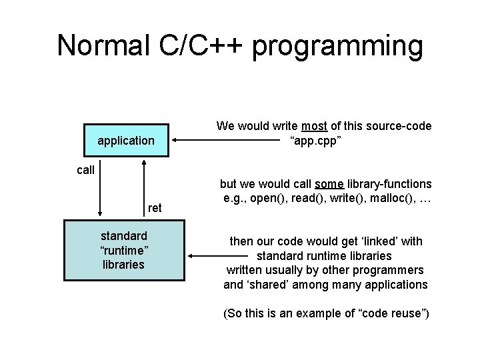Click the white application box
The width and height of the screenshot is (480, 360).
tap(126, 141)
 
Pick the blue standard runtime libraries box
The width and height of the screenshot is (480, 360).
tap(124, 250)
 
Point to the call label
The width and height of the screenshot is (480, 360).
tap(85, 170)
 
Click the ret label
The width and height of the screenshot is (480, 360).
tap(155, 208)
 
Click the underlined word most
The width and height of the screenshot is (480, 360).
tap(314, 126)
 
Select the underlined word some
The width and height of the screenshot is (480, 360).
tap(346, 183)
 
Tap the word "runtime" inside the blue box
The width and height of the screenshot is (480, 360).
tap(124, 250)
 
